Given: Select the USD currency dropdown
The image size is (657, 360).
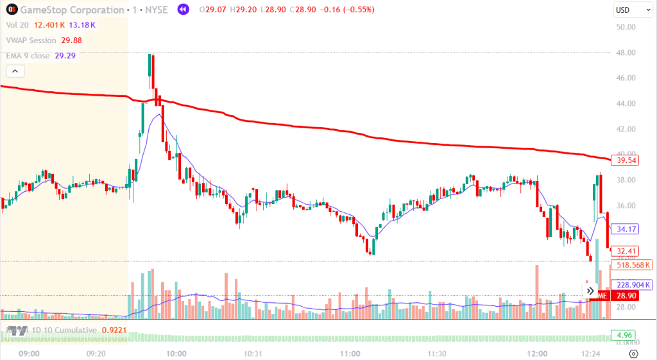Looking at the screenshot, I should [x=626, y=10].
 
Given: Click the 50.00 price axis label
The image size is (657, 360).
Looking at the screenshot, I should [x=625, y=28].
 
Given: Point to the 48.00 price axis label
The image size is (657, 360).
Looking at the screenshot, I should [x=625, y=53].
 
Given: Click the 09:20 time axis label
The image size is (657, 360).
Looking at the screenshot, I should [x=96, y=354].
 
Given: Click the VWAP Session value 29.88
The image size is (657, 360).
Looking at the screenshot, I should [x=71, y=40].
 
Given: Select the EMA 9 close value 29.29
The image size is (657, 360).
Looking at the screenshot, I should [x=65, y=56].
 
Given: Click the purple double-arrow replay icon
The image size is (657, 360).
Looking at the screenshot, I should [x=183, y=10].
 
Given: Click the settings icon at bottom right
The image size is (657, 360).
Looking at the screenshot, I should [x=633, y=354].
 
